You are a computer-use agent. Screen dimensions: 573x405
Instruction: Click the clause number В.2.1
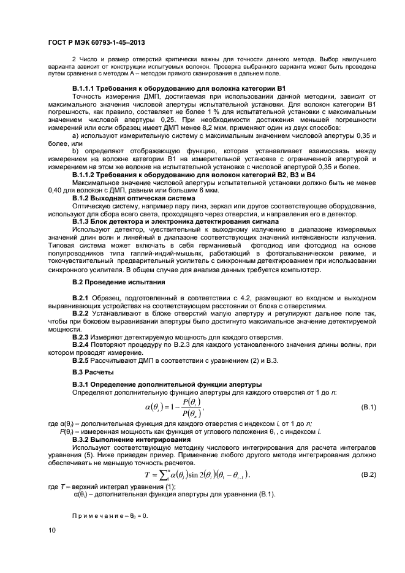coord(81,298)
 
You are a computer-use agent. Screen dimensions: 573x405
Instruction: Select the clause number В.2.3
coord(81,337)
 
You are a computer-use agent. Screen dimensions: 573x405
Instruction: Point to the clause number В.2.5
coord(81,360)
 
